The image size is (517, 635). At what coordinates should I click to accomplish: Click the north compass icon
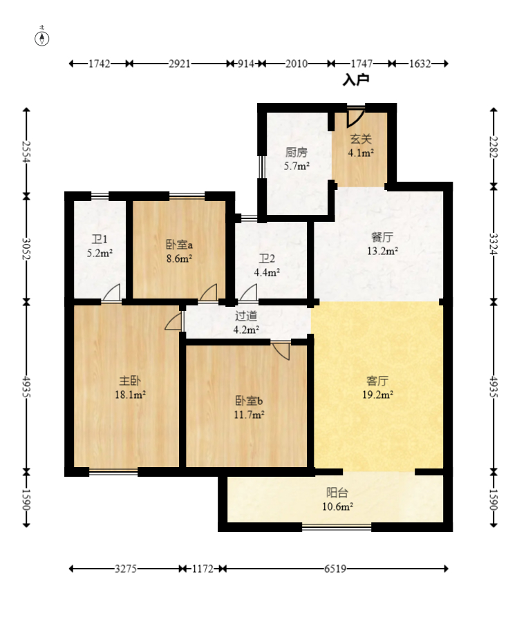[x=41, y=39]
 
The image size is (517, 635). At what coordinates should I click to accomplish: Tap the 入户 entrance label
[x=356, y=79]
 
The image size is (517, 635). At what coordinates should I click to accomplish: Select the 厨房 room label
[x=297, y=152]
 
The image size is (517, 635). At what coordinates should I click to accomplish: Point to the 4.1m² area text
[x=361, y=153]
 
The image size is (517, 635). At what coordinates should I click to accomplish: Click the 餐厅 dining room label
[x=382, y=237]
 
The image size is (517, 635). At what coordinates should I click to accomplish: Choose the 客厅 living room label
[x=377, y=381]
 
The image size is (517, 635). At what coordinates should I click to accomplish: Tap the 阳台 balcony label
[x=337, y=493]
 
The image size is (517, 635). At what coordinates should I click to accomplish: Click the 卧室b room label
[x=249, y=401]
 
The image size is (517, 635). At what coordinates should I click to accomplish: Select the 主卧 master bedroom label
[x=130, y=381]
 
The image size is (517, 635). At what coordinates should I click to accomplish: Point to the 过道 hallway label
[x=246, y=316]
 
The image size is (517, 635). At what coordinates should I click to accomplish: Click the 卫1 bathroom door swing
[x=111, y=293]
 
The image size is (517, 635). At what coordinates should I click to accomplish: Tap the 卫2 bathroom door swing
[x=248, y=293]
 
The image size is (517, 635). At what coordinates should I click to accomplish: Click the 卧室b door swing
[x=281, y=351]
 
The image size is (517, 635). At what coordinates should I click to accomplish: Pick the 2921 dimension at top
[x=180, y=64]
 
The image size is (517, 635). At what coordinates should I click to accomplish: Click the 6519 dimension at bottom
[x=335, y=569]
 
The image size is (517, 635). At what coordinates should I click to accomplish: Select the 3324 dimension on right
[x=493, y=244]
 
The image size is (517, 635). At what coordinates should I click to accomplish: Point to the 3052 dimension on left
[x=26, y=249]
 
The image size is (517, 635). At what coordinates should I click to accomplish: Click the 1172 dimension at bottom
[x=203, y=569]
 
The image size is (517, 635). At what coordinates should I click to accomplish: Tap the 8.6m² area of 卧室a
[x=179, y=258]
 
